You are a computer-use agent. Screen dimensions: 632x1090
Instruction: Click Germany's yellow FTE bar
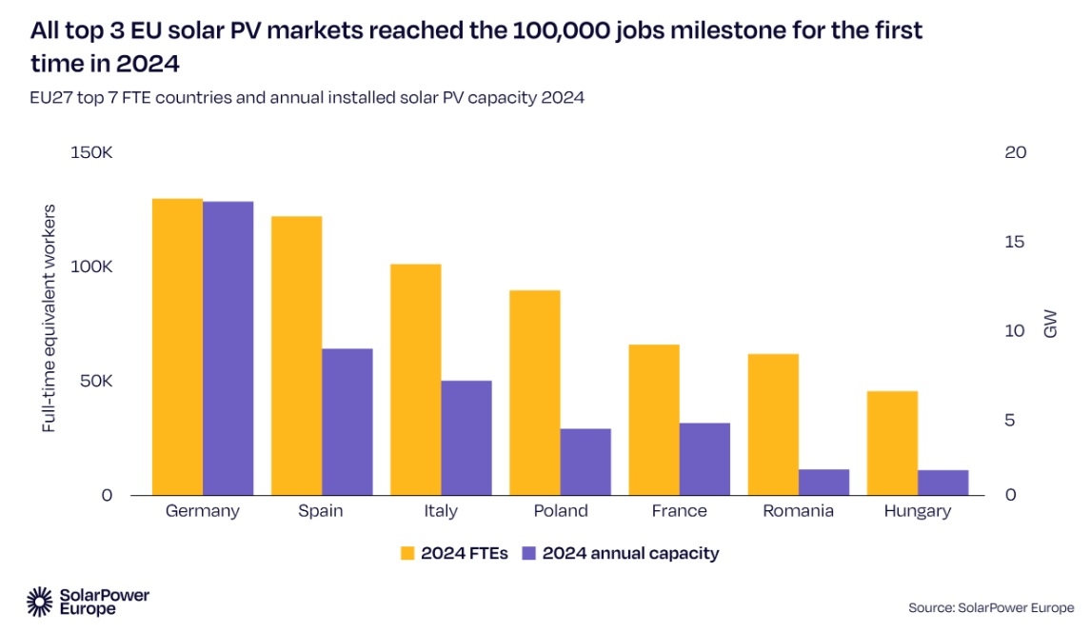177,346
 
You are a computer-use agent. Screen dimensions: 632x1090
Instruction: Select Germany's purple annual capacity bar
228,348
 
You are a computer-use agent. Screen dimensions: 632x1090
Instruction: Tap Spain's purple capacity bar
347,422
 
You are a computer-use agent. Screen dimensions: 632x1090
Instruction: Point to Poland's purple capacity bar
585,462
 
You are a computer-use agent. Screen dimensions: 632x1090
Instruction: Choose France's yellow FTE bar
654,420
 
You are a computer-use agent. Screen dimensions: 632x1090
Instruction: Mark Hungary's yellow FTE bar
892,443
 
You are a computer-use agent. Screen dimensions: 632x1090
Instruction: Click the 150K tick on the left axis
92,152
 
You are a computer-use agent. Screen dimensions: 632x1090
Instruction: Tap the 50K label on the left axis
96,381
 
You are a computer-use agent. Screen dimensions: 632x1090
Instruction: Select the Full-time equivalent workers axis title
50,318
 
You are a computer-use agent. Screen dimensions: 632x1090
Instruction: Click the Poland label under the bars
560,511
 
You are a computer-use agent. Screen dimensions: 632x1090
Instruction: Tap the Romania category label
798,511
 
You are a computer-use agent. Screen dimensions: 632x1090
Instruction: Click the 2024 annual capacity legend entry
621,553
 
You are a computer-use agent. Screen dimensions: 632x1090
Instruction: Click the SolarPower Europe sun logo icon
39,601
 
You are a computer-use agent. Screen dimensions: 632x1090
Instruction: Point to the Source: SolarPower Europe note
990,607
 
